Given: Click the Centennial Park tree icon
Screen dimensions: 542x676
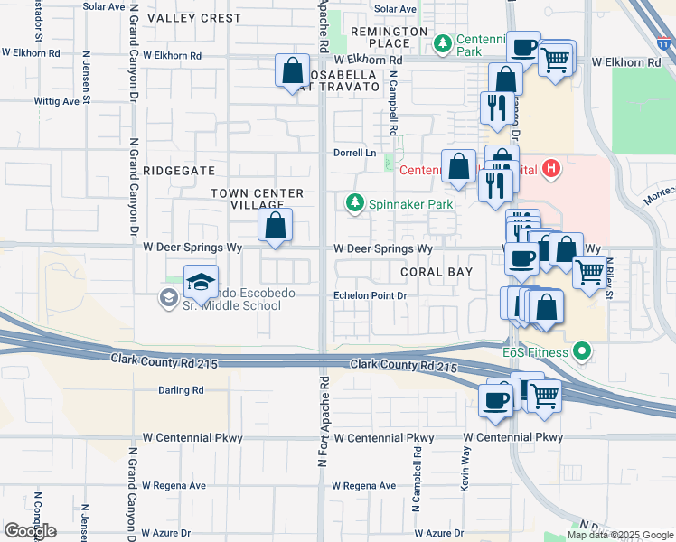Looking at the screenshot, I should [443, 42].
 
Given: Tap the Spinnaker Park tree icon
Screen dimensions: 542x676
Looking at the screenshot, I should [355, 204].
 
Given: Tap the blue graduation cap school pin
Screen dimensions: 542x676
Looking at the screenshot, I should [202, 283].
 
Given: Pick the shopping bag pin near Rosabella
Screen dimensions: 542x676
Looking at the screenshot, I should [292, 71].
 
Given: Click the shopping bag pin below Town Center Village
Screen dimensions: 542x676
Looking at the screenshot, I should [276, 226].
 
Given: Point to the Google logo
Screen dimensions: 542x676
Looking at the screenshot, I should [31, 530].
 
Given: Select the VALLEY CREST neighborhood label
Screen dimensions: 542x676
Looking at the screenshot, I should [194, 18].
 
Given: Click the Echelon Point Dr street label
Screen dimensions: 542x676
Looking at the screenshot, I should [371, 295].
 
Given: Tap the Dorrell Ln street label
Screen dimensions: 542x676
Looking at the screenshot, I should [354, 153].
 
